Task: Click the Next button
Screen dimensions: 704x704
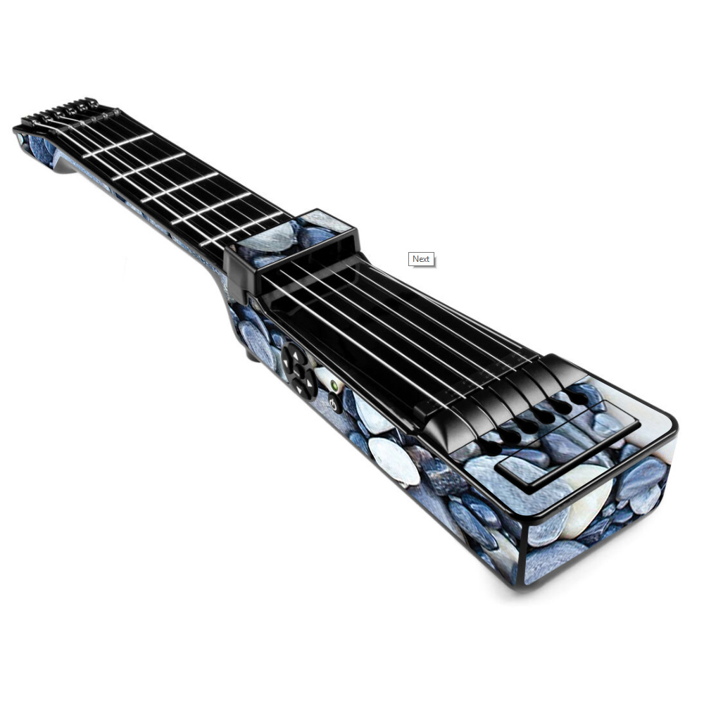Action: tap(421, 259)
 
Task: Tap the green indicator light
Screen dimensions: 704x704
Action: tap(334, 385)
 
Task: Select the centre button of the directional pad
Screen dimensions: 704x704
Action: tap(299, 371)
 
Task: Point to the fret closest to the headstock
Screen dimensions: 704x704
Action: tap(118, 145)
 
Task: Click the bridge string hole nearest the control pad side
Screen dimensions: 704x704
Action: tap(492, 448)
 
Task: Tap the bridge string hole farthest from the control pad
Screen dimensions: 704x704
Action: tap(579, 397)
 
